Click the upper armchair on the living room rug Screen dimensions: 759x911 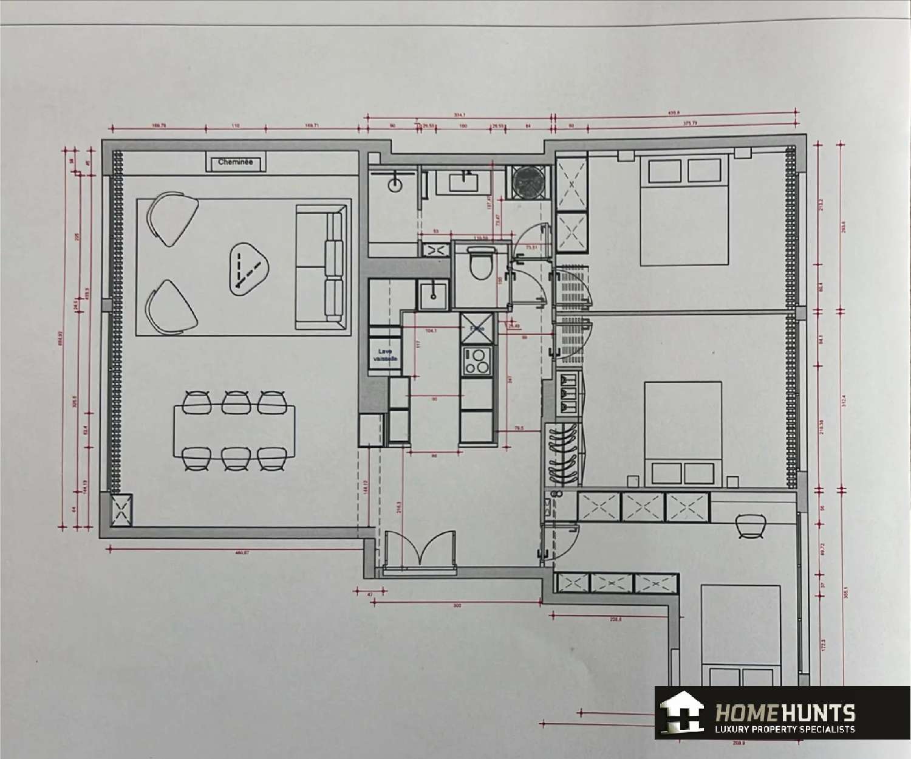172,218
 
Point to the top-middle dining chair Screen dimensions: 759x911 236,402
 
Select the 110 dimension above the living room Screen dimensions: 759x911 236,126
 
